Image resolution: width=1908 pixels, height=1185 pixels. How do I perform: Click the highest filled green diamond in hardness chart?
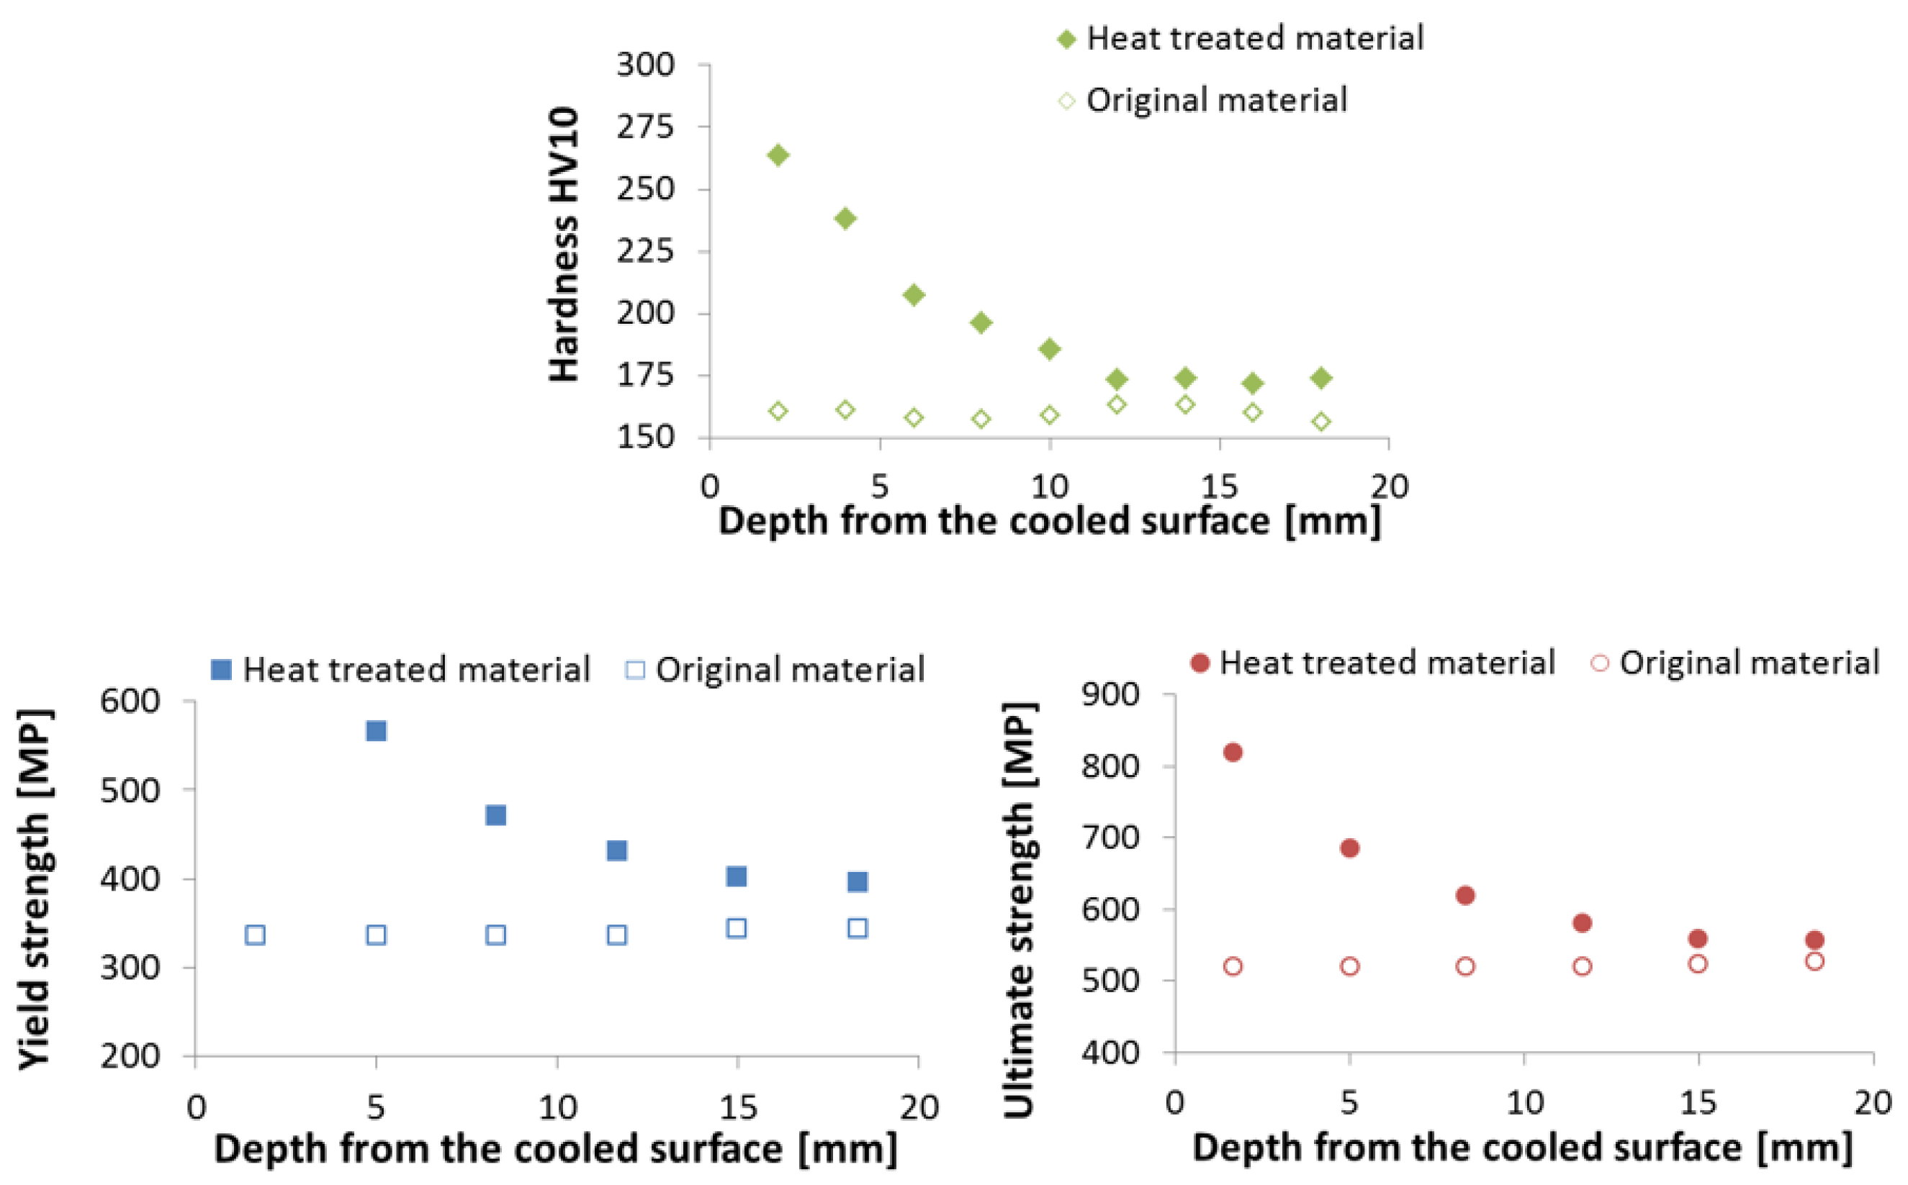click(x=778, y=155)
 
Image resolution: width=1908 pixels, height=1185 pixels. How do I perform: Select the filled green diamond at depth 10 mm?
click(x=1049, y=349)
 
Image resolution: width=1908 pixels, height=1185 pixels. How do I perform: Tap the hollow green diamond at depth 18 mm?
click(x=1321, y=422)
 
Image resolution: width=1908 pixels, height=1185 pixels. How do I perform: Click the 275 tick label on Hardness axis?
click(x=645, y=126)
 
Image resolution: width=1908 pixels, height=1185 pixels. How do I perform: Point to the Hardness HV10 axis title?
click(x=564, y=245)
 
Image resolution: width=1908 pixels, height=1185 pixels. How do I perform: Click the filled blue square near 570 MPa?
click(x=377, y=730)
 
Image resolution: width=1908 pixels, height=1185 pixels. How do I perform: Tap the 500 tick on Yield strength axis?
click(x=130, y=790)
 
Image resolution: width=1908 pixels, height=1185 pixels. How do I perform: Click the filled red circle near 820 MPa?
click(x=1233, y=753)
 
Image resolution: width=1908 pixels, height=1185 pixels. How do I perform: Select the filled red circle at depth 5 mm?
click(x=1349, y=848)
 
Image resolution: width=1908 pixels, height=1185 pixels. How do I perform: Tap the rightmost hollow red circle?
click(x=1814, y=961)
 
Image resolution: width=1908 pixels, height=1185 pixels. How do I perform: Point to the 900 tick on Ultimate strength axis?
click(x=1110, y=694)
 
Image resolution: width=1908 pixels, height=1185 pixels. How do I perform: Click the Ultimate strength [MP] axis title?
click(x=1020, y=909)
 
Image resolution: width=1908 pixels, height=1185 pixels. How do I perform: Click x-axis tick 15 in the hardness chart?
click(x=1219, y=486)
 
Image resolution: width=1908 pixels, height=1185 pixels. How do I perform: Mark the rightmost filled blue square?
click(x=858, y=881)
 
